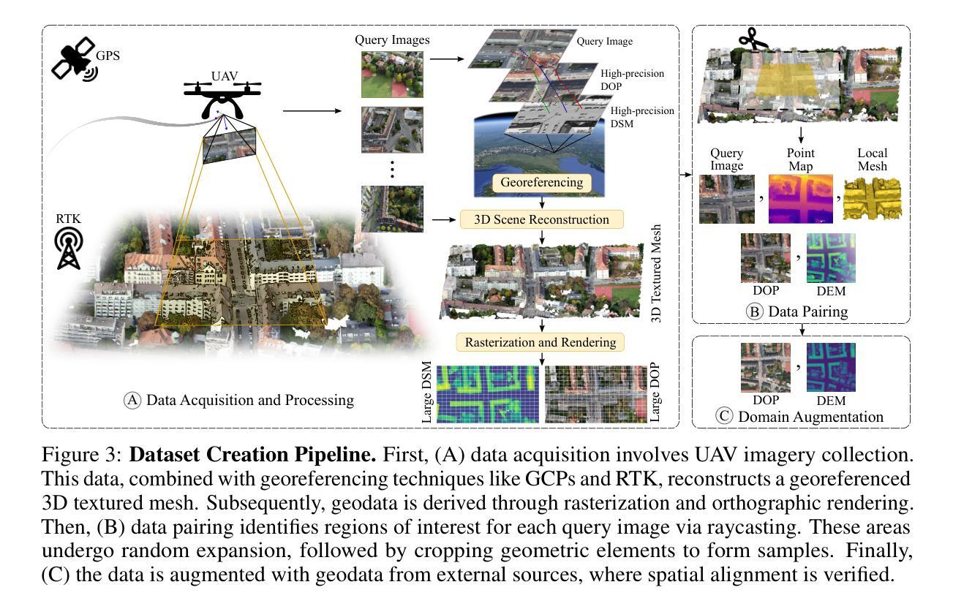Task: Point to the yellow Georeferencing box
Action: click(542, 183)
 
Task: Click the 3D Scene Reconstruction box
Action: click(541, 219)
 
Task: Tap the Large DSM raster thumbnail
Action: click(487, 394)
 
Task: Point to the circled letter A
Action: click(132, 400)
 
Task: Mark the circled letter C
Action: click(725, 417)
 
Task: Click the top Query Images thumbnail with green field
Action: click(391, 73)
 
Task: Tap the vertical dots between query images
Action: click(392, 168)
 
